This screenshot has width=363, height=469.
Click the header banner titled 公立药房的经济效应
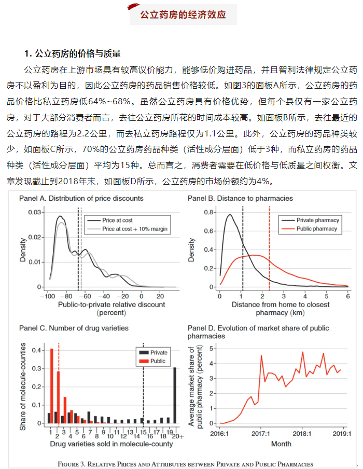182,15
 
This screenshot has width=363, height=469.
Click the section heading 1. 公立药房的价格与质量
73,53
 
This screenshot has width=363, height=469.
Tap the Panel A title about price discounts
81,198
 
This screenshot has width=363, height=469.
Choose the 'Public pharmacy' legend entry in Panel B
316,229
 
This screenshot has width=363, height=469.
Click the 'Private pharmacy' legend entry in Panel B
316,220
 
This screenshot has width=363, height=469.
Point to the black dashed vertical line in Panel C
143,384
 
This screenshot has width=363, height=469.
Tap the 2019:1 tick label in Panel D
342,434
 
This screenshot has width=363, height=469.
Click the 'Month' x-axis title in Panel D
281,444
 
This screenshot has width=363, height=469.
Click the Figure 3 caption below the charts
185,463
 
